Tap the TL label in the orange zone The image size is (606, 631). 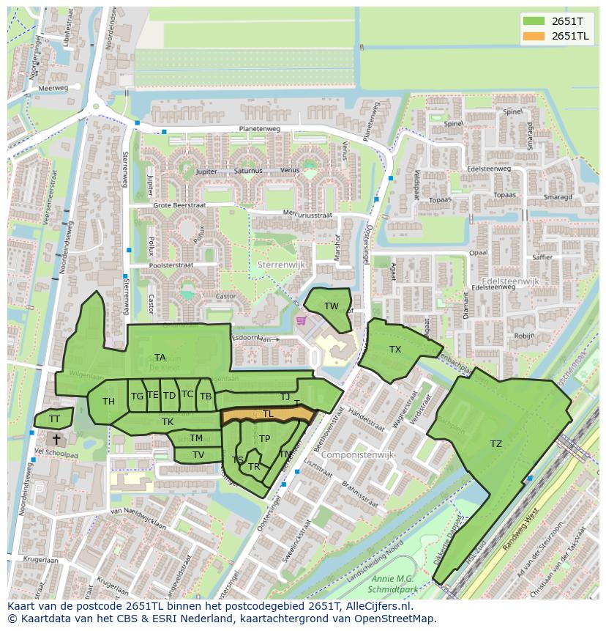[x=268, y=414]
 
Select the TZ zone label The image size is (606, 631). [x=496, y=444]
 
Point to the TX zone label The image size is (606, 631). [x=395, y=350]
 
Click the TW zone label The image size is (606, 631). [x=332, y=306]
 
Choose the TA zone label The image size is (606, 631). [x=160, y=358]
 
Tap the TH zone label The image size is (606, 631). [x=108, y=401]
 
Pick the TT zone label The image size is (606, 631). [x=54, y=419]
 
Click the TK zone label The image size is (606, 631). [x=168, y=421]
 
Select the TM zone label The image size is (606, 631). [x=196, y=438]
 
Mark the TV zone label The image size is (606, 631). [x=198, y=455]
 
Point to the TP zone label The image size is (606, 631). [x=264, y=439]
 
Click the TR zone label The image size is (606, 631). [x=254, y=466]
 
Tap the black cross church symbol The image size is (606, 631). [x=56, y=439]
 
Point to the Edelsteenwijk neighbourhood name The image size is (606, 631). [x=510, y=281]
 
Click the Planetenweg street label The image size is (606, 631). [x=259, y=129]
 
